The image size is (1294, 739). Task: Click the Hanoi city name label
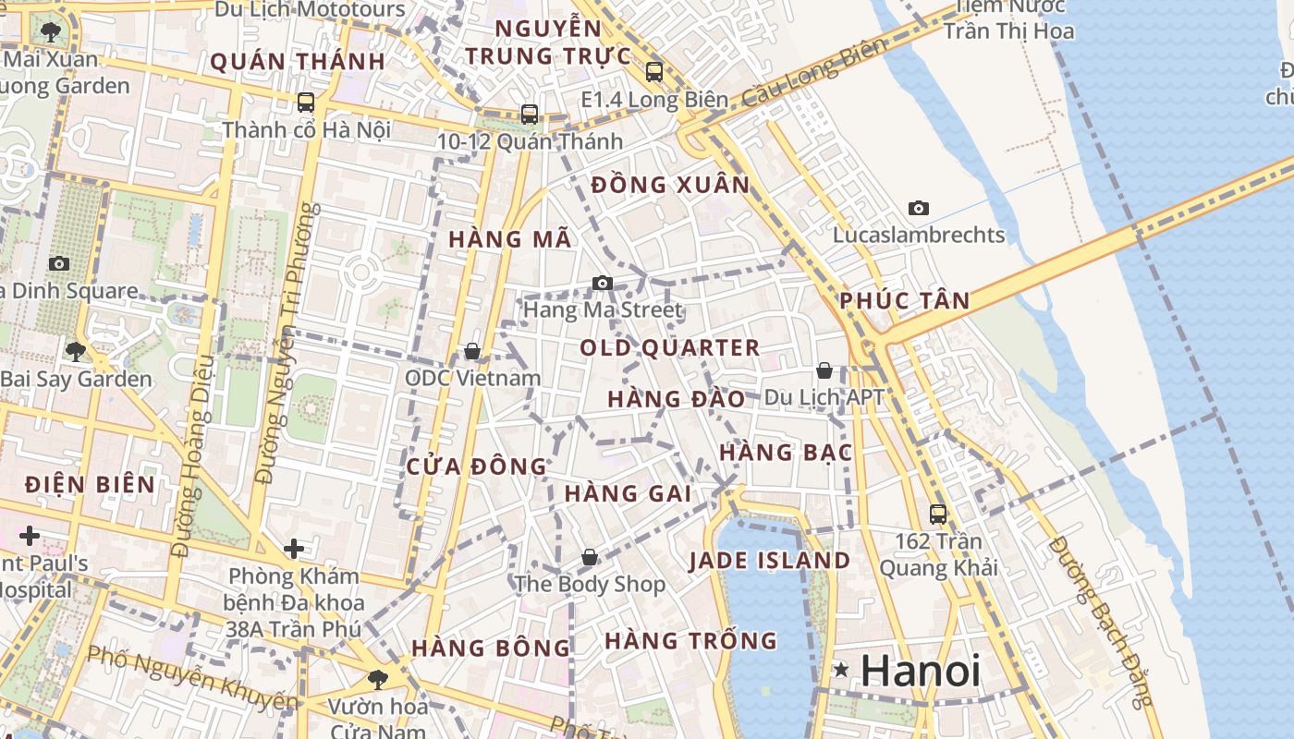click(x=920, y=671)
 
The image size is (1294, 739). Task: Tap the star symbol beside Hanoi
click(x=841, y=669)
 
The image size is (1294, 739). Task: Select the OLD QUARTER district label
click(x=670, y=348)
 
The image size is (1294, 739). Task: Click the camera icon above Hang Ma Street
click(x=603, y=283)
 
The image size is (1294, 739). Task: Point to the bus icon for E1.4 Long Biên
click(x=654, y=71)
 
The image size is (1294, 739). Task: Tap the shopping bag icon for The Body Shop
click(x=590, y=557)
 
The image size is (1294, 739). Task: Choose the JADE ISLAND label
click(x=770, y=561)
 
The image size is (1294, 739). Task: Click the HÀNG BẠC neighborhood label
click(x=786, y=453)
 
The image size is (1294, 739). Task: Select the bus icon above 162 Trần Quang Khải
click(x=938, y=514)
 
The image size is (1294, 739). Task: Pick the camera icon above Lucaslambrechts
click(x=919, y=208)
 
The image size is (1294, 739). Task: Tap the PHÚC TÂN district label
click(x=905, y=300)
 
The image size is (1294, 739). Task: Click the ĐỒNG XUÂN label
click(x=671, y=185)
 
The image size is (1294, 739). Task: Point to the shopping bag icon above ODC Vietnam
click(x=472, y=351)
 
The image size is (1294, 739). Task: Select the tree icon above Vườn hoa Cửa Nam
click(x=377, y=679)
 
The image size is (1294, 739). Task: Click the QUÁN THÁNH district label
click(x=298, y=62)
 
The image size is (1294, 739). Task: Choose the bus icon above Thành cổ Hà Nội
click(x=306, y=103)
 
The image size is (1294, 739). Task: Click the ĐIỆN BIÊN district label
click(x=91, y=484)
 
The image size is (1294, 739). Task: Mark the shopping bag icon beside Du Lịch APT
click(x=824, y=370)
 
